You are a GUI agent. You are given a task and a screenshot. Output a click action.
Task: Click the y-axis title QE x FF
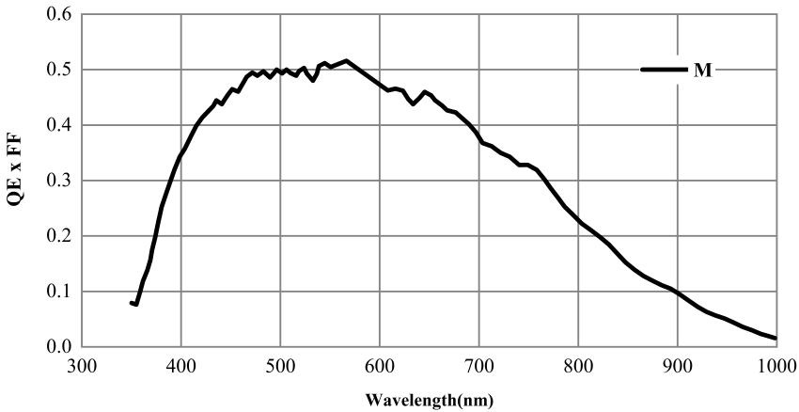click(x=13, y=182)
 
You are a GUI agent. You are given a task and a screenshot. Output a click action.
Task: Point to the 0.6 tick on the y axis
click(x=59, y=15)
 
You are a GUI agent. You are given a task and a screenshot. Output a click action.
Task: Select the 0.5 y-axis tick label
click(x=59, y=71)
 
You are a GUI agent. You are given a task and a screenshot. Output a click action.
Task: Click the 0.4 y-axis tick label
click(x=59, y=125)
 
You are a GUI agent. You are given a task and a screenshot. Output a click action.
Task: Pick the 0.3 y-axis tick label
click(x=59, y=181)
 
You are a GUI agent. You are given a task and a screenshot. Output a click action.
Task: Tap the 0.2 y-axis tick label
click(x=59, y=236)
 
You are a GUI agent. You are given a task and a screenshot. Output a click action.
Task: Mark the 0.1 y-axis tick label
click(x=59, y=292)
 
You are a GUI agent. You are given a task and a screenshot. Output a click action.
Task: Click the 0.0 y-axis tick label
click(x=59, y=347)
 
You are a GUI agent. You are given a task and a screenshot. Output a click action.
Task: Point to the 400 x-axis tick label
click(x=180, y=365)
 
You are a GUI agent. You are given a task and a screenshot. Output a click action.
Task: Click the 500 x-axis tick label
click(x=280, y=365)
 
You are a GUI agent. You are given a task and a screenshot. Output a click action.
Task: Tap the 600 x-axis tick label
click(x=380, y=365)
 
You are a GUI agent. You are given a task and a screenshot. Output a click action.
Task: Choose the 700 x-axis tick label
click(x=479, y=365)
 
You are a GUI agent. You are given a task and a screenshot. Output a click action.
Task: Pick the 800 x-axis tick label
click(x=578, y=365)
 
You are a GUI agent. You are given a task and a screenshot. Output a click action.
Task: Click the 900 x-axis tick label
click(x=678, y=365)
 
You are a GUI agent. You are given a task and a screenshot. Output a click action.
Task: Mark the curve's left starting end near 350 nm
click(x=131, y=303)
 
